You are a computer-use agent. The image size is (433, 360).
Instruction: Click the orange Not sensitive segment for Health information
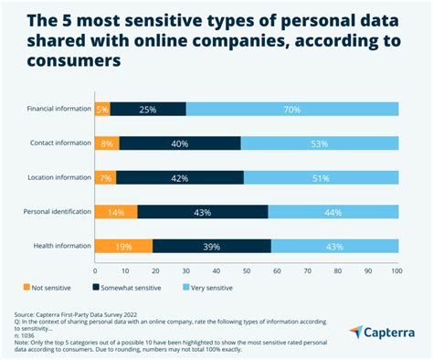point(123,245)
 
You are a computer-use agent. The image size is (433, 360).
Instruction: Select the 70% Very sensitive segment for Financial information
point(292,109)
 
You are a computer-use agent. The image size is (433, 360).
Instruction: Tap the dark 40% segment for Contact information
point(179,143)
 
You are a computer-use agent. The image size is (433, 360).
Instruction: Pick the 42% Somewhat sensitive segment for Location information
point(180,176)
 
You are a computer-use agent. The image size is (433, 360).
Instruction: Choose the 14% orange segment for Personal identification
point(116,211)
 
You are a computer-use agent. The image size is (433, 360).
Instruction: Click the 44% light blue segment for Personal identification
point(333,211)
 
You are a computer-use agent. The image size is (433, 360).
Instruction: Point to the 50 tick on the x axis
point(247,270)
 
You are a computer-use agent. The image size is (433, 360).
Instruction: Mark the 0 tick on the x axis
point(95,270)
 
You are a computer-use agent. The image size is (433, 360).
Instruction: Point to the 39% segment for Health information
point(211,245)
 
